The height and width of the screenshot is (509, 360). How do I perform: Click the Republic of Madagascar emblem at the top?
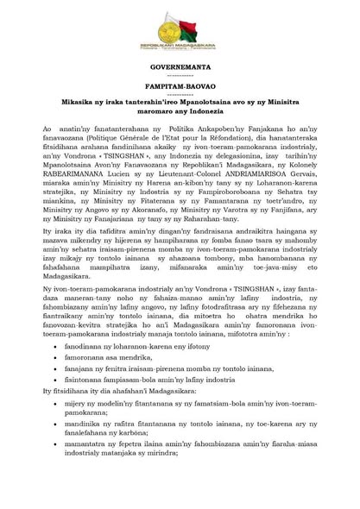(180, 35)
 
